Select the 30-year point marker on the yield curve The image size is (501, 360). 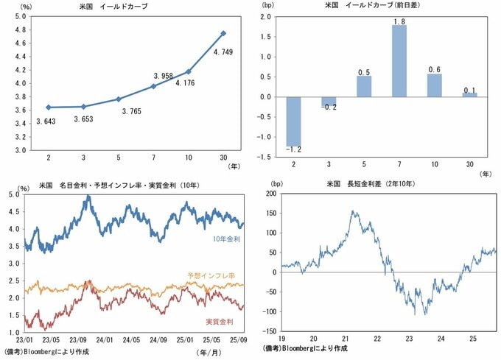pos(223,33)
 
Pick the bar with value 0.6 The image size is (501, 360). pos(435,85)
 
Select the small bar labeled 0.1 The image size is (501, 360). pos(470,94)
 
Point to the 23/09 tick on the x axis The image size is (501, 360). pos(80,340)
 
